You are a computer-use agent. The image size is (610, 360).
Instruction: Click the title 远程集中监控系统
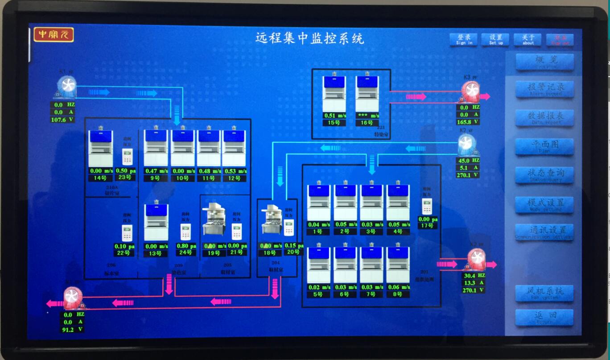point(309,38)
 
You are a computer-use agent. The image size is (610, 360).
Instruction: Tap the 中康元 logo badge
point(54,35)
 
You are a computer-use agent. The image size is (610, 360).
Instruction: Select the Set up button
point(496,40)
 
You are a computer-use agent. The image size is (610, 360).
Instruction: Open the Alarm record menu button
point(544,89)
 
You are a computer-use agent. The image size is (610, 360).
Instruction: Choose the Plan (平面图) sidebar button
point(544,146)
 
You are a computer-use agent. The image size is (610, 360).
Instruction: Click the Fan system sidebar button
point(544,293)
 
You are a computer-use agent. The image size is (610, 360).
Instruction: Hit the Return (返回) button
point(544,317)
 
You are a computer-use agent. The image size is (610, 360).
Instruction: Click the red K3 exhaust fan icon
point(471,91)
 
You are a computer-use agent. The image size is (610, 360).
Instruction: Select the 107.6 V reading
point(63,120)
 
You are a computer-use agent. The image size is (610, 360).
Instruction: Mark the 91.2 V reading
point(73,330)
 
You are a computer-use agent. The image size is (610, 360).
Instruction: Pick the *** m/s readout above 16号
point(367,116)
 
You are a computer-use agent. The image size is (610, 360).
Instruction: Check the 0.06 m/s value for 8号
point(398,287)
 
